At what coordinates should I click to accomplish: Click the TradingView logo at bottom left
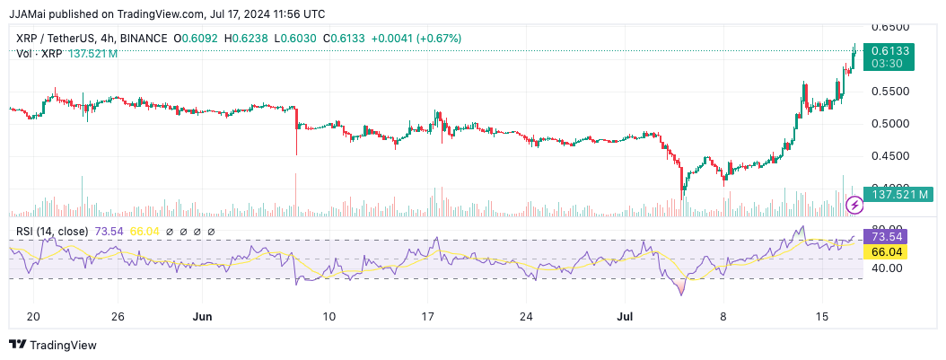tap(53, 345)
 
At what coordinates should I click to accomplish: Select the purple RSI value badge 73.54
tap(886, 237)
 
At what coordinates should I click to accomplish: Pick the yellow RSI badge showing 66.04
tap(886, 252)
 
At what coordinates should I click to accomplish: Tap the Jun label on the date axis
tap(203, 317)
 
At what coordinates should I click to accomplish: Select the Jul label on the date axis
tap(626, 317)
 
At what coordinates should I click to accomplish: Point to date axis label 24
tap(527, 317)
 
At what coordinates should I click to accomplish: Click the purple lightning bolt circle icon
tap(854, 206)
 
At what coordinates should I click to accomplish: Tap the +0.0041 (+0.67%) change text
tap(419, 39)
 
